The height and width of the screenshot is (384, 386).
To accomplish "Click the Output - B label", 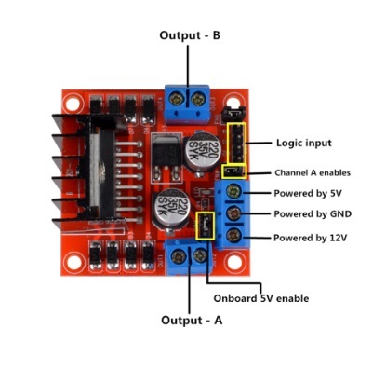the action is pyautogui.click(x=190, y=35).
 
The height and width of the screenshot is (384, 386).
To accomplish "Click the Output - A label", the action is pyautogui.click(x=192, y=320).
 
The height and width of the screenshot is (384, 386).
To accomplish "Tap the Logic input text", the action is pyautogui.click(x=304, y=144).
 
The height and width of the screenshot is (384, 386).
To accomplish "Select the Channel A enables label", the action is pyautogui.click(x=313, y=172).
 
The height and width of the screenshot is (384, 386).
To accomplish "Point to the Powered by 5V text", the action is pyautogui.click(x=308, y=193).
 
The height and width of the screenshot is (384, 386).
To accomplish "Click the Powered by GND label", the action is pyautogui.click(x=313, y=213).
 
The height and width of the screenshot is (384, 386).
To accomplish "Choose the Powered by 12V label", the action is pyautogui.click(x=310, y=238).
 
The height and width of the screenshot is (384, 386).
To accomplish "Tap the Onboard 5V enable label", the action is pyautogui.click(x=261, y=298).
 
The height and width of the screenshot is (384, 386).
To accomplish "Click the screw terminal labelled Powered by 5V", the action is pyautogui.click(x=234, y=192).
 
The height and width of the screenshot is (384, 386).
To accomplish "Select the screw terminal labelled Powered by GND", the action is pyautogui.click(x=233, y=213).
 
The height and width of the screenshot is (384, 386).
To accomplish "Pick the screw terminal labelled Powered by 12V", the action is pyautogui.click(x=233, y=236).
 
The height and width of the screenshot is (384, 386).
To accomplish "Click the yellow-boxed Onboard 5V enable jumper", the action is pyautogui.click(x=206, y=226).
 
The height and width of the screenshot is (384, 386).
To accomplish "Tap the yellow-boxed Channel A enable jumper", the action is pyautogui.click(x=234, y=171).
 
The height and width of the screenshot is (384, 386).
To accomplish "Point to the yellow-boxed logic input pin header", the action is pyautogui.click(x=237, y=143).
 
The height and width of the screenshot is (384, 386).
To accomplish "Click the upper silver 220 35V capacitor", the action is pyautogui.click(x=199, y=153).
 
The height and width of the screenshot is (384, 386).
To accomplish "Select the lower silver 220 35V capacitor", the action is pyautogui.click(x=171, y=208).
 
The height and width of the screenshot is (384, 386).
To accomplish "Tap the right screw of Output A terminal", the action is pyautogui.click(x=200, y=256).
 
